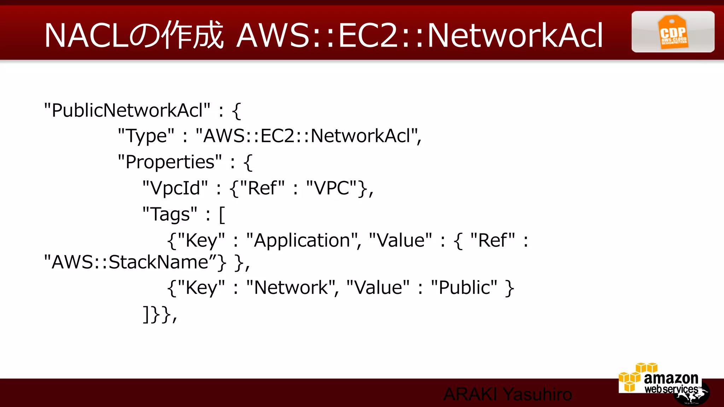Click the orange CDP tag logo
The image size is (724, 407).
click(673, 32)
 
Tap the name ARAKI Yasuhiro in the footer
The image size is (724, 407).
click(508, 394)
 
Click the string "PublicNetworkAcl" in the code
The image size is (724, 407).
click(127, 110)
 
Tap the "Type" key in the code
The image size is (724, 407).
click(146, 136)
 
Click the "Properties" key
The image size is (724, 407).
click(170, 162)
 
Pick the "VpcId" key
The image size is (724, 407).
click(175, 188)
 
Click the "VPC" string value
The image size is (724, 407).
click(332, 188)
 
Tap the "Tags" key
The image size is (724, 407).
click(170, 214)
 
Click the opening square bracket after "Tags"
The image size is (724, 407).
click(222, 215)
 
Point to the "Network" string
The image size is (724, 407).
click(291, 288)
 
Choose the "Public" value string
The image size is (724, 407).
click(464, 288)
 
